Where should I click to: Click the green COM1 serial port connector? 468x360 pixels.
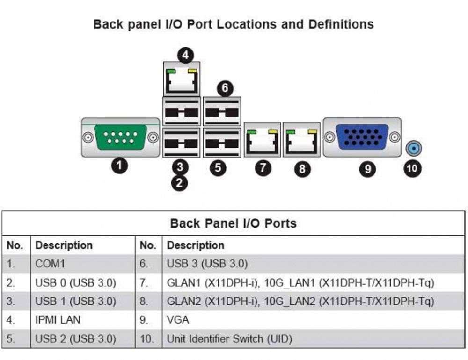pos(120,137)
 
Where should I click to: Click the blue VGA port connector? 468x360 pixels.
pos(362,137)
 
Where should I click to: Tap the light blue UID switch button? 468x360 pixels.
pos(413,149)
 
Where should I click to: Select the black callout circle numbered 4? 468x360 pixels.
pos(186,55)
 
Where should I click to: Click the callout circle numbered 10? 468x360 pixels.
pos(413,167)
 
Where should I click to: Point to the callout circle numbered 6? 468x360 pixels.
pos(225,87)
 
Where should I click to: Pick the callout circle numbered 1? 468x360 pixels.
pos(120,165)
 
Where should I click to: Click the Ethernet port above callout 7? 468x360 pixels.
pos(263,139)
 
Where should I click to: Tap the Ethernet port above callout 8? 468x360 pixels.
pos(302,139)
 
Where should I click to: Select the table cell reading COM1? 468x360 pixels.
pos(51,264)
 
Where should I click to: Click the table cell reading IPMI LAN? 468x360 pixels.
pos(58,320)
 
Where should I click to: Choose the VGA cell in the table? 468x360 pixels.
pos(178,320)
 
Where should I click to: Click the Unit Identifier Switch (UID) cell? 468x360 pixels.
pos(229,338)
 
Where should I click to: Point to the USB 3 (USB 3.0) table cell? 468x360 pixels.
pos(207,264)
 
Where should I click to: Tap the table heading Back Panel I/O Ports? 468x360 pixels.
pos(233,223)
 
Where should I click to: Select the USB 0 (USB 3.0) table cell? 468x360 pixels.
pos(76,282)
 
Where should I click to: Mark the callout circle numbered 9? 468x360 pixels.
pos(368,168)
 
